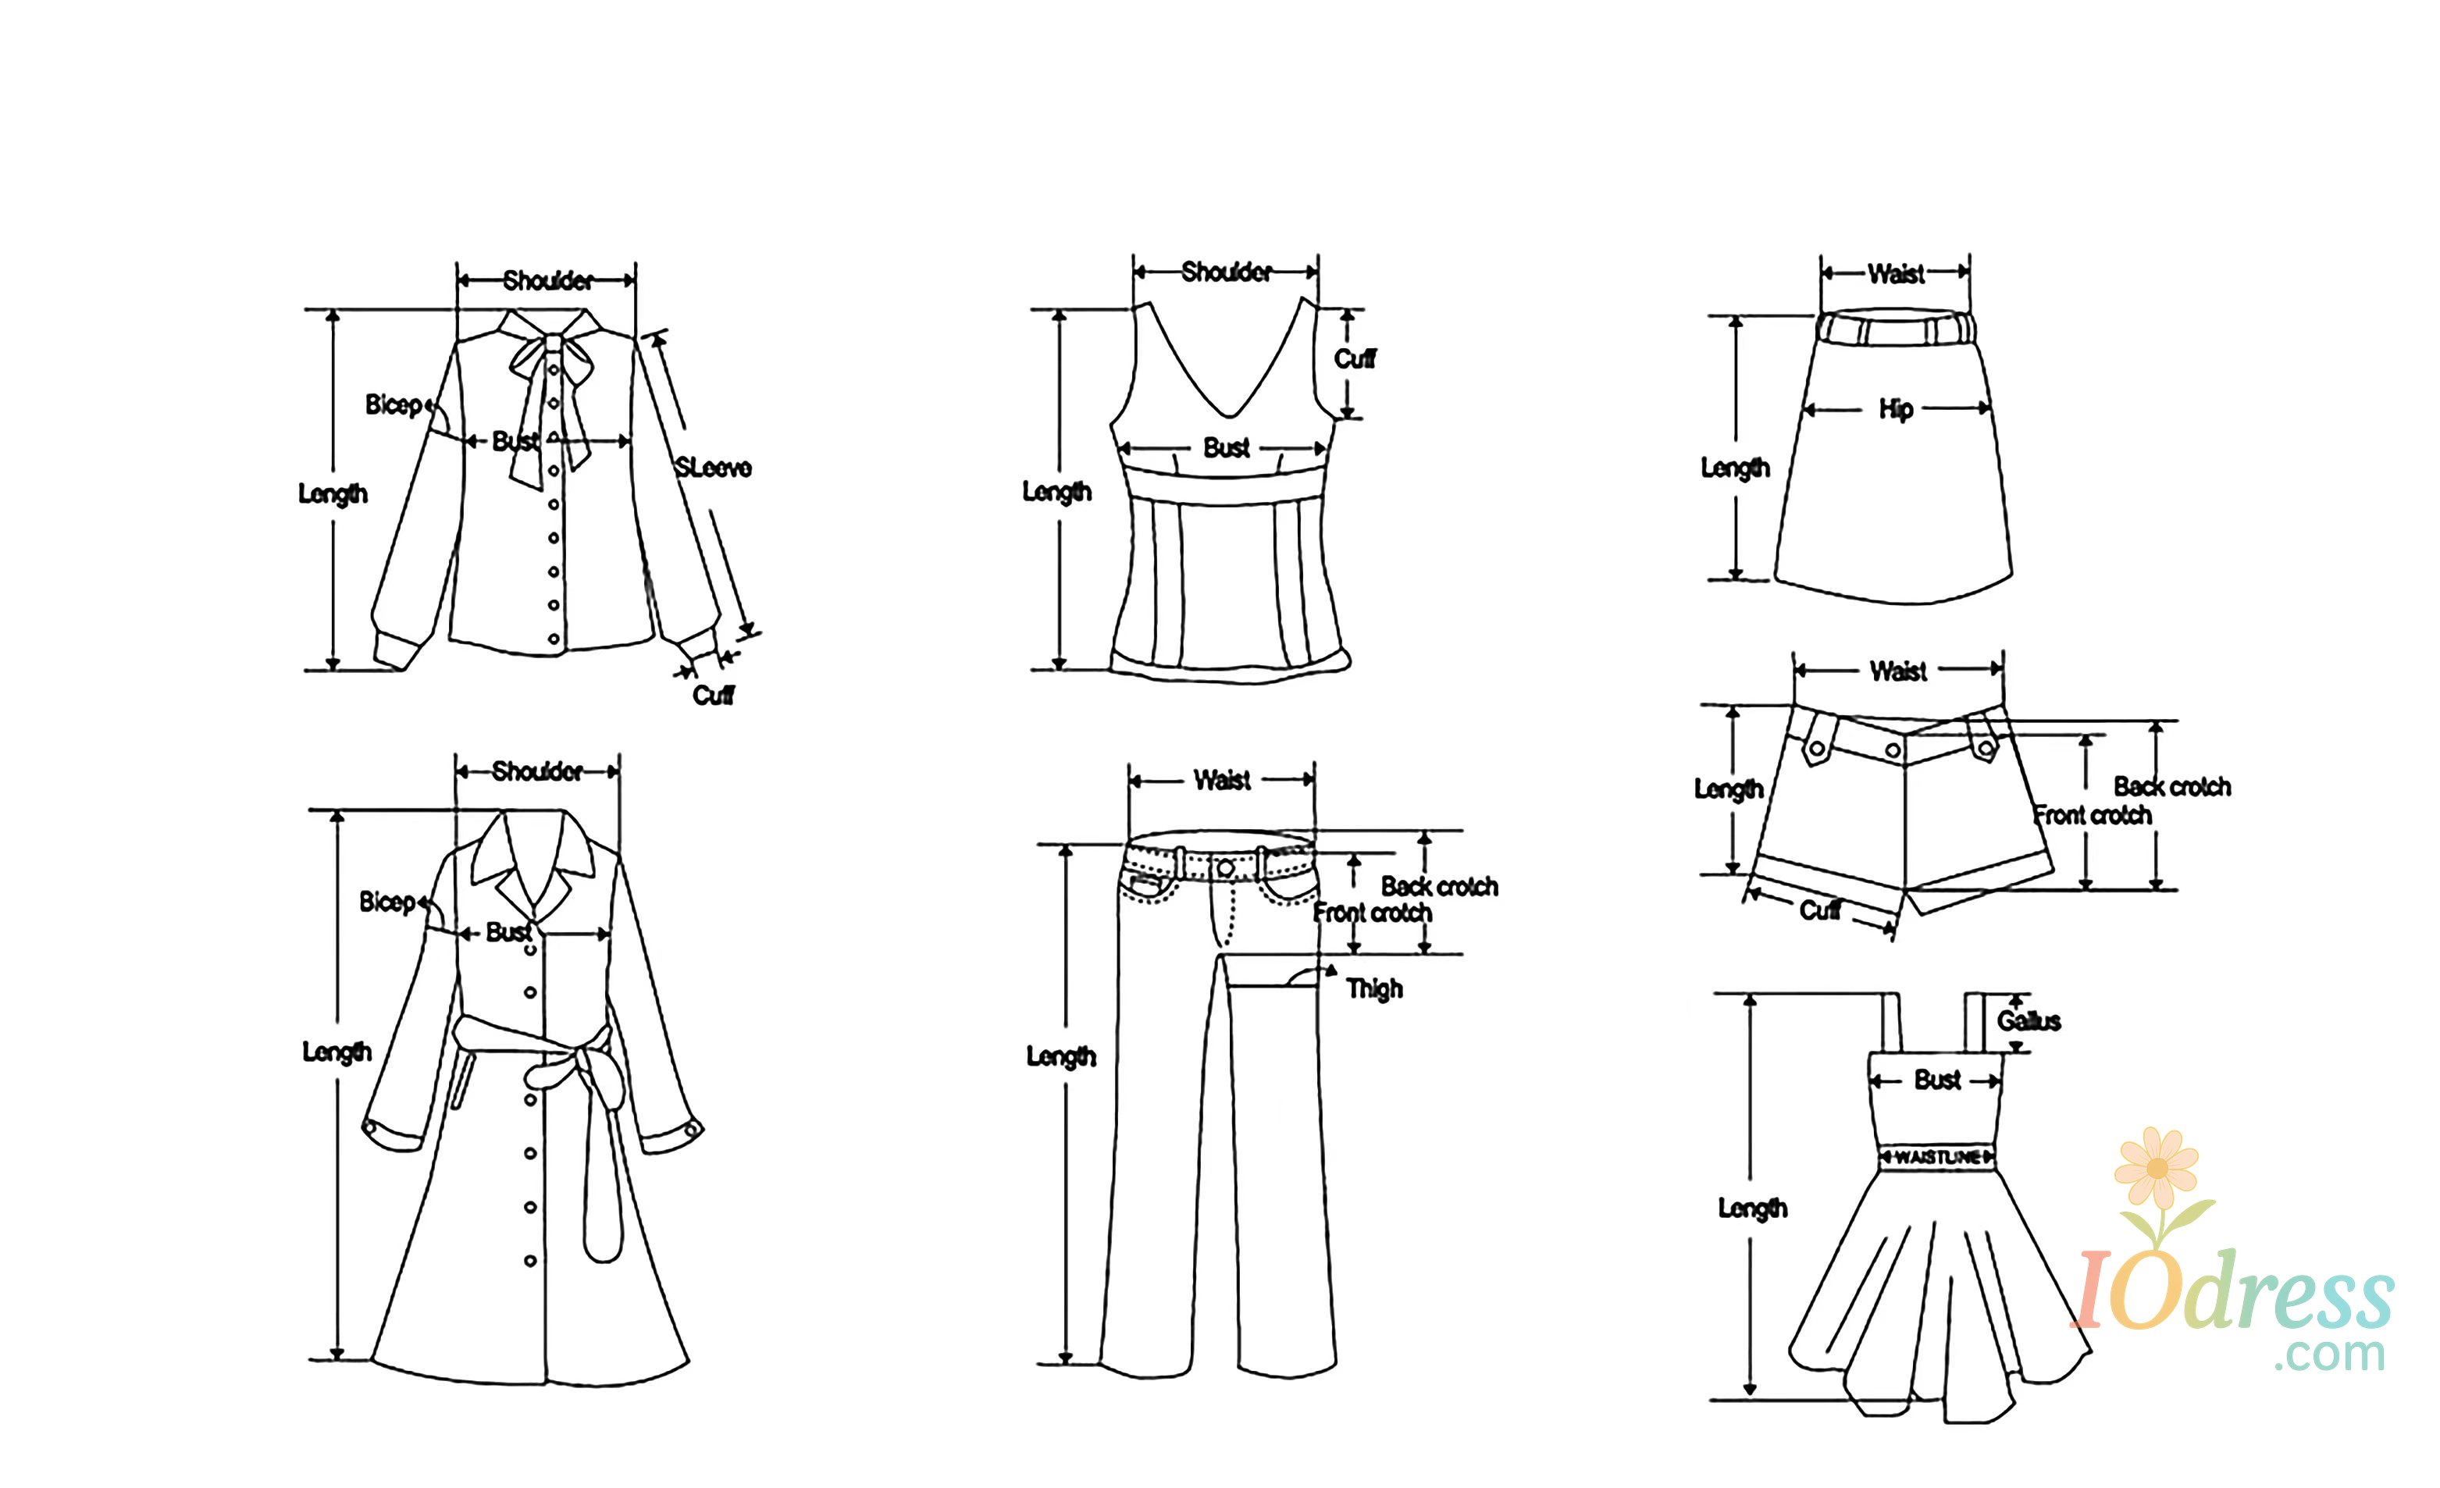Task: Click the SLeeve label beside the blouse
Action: tap(713, 468)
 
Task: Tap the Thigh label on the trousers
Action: tap(1373, 988)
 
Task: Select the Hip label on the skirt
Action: tap(1895, 409)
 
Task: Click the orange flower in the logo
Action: tap(2156, 1168)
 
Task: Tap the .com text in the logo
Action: tap(2329, 1355)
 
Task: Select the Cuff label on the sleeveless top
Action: tap(1355, 358)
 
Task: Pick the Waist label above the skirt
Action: tap(1895, 274)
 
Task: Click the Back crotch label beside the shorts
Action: tap(2171, 787)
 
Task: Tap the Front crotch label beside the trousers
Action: tap(1373, 913)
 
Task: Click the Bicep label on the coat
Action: tap(387, 902)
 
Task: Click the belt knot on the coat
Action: tap(553, 1073)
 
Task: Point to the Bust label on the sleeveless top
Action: tap(1226, 448)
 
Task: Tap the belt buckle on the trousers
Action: tap(1225, 868)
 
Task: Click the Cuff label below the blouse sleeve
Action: tap(713, 695)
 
